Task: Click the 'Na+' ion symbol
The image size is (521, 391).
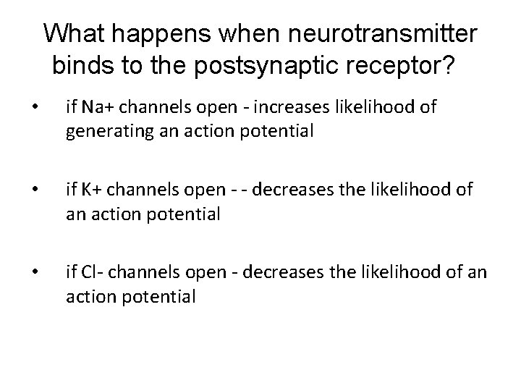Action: (x=96, y=109)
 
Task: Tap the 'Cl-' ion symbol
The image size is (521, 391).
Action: (x=90, y=273)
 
